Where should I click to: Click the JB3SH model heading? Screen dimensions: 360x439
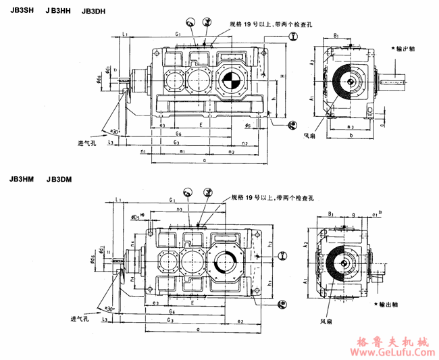[21, 11]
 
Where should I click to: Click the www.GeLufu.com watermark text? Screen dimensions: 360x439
[389, 351]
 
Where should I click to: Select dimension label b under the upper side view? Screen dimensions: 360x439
[352, 135]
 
